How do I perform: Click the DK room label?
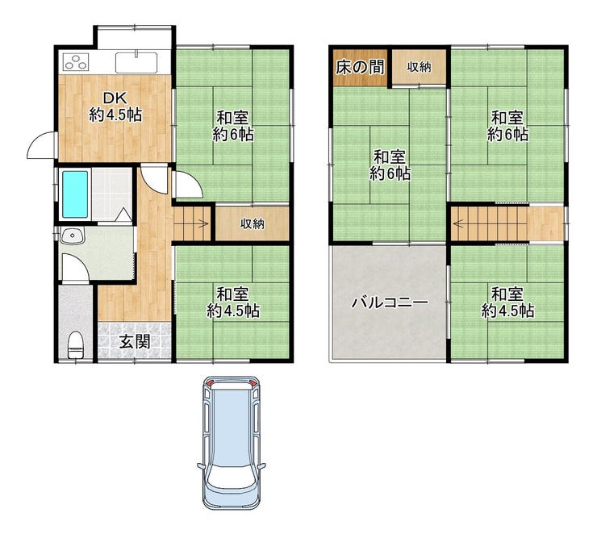coord(115,107)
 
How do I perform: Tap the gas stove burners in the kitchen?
coord(76,62)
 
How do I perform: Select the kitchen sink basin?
coord(136,62)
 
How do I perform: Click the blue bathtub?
coord(75,194)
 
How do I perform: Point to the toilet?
coord(75,344)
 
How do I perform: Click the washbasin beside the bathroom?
coord(72,236)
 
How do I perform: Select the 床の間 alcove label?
coord(360,67)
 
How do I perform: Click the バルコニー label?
coord(390,302)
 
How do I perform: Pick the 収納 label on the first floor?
coord(252,223)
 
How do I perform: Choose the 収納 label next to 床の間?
coord(419,67)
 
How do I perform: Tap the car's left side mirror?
coord(201,465)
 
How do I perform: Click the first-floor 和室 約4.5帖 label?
coord(233,303)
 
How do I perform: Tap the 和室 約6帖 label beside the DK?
coord(233,127)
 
